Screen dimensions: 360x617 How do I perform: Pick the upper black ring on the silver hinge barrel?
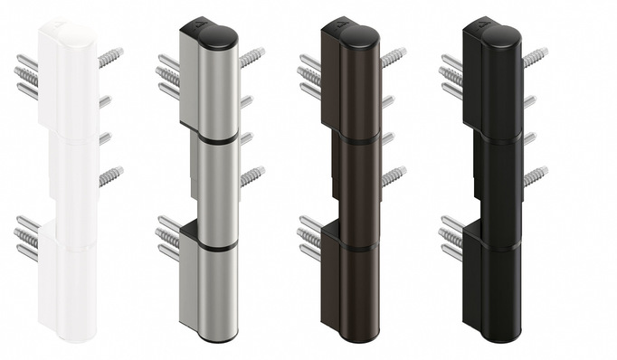tap(217, 141)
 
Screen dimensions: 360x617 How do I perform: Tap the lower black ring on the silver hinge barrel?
tap(217, 245)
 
